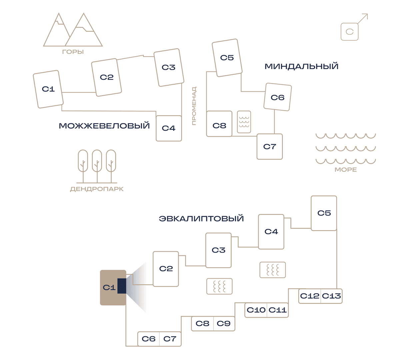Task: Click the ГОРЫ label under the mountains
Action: [x=73, y=52]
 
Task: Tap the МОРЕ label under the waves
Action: [x=346, y=169]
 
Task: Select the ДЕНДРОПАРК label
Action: [x=97, y=189]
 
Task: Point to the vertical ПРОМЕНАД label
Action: [x=194, y=106]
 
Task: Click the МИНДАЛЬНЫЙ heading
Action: [x=301, y=66]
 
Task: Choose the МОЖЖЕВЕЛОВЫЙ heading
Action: [x=104, y=126]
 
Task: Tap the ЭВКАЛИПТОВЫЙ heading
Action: [x=201, y=219]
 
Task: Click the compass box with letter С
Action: [x=349, y=32]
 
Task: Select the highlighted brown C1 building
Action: [x=113, y=288]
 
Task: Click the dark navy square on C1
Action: [x=122, y=286]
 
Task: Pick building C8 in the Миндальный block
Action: [x=219, y=124]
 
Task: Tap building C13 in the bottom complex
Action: [x=331, y=296]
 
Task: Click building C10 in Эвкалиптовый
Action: [x=256, y=310]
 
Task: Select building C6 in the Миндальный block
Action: [x=278, y=97]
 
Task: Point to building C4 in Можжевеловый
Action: [x=169, y=128]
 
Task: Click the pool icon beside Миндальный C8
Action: [x=244, y=122]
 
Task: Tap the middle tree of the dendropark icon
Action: [x=97, y=166]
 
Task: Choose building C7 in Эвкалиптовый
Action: [x=170, y=339]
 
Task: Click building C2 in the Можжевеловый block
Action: [x=106, y=77]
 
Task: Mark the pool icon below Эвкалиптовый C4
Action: [x=273, y=270]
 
